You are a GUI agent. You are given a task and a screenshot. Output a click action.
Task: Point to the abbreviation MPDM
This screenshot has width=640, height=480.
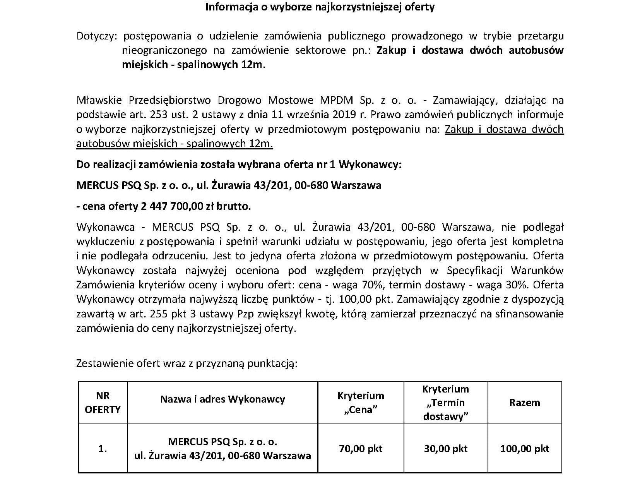click(336, 100)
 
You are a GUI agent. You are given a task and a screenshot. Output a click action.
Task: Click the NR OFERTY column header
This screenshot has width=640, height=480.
click(103, 403)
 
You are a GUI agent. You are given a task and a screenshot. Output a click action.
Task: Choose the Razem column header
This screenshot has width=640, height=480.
click(524, 403)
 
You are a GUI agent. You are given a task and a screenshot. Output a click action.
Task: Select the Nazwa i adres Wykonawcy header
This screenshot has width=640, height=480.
click(222, 399)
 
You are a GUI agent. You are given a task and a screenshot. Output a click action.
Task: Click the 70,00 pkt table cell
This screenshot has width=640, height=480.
click(361, 449)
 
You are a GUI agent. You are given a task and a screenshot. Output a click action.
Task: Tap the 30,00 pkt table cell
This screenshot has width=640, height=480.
click(446, 449)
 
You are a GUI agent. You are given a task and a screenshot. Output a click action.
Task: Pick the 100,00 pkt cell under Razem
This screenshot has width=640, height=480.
click(524, 449)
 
